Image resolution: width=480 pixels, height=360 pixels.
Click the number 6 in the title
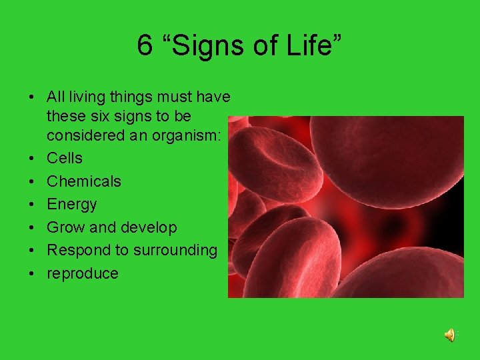145,45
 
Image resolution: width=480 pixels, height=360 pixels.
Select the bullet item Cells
65,158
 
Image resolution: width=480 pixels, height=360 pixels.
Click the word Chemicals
84,181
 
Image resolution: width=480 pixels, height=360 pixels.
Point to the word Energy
71,204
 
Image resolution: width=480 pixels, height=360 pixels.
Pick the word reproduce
83,273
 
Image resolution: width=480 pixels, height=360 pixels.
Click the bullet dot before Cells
31,159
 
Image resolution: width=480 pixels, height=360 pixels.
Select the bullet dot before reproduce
31,274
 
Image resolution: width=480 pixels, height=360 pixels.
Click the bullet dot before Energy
31,205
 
